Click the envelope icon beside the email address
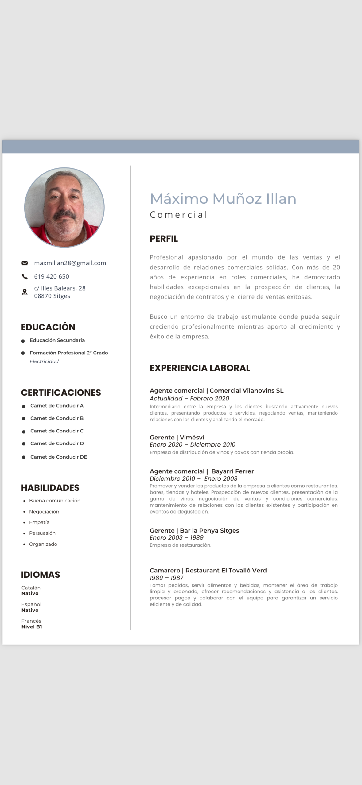click(25, 263)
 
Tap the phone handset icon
click(25, 276)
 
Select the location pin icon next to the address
click(25, 292)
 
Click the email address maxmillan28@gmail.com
click(70, 263)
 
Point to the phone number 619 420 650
click(52, 276)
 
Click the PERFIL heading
click(164, 239)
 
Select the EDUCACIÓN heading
click(48, 327)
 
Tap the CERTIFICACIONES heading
click(61, 392)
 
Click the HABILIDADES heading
click(50, 487)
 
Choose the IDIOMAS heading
click(41, 574)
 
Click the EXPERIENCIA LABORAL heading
click(200, 368)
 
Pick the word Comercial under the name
click(179, 215)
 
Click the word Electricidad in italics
click(44, 361)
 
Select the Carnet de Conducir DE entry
click(59, 457)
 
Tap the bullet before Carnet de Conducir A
click(24, 406)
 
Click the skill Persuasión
click(42, 533)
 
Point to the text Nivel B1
click(32, 627)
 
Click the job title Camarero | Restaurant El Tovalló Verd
click(208, 570)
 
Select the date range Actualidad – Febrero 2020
click(189, 398)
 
